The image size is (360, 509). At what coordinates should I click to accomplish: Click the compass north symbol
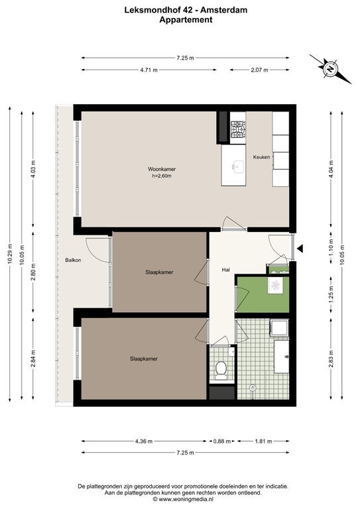[x=330, y=69]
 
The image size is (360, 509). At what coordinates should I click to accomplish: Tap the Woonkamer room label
[x=162, y=169]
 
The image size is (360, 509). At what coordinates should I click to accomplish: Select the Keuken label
[x=262, y=157]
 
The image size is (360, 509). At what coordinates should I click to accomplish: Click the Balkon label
[x=73, y=260]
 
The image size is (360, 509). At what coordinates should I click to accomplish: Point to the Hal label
[x=226, y=270]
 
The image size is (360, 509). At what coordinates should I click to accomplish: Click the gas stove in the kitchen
[x=238, y=129]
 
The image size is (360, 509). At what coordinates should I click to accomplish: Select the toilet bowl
[x=221, y=370]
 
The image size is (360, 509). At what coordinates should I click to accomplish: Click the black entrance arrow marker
[x=300, y=249]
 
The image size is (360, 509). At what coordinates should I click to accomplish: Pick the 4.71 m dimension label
[x=149, y=70]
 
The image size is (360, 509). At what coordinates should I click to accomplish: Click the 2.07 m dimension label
[x=259, y=70]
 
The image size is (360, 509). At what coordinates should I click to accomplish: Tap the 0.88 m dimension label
[x=222, y=441]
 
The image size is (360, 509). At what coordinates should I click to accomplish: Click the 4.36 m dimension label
[x=144, y=441]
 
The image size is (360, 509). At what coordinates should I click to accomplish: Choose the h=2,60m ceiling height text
[x=162, y=176]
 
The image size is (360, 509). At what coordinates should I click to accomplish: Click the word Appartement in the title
[x=186, y=19]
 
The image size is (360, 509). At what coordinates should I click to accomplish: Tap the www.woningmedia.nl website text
[x=186, y=499]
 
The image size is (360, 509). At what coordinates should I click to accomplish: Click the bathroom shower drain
[x=252, y=387]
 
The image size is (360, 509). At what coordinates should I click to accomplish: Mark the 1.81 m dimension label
[x=264, y=441]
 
